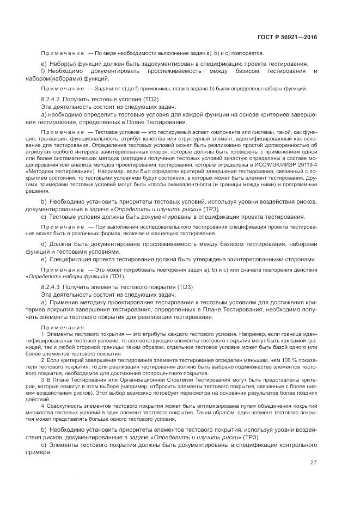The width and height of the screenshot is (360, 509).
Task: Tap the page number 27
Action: pos(313,463)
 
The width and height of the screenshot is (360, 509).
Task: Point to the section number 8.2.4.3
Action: pos(51,286)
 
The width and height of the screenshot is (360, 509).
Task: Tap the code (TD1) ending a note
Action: pos(117,277)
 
